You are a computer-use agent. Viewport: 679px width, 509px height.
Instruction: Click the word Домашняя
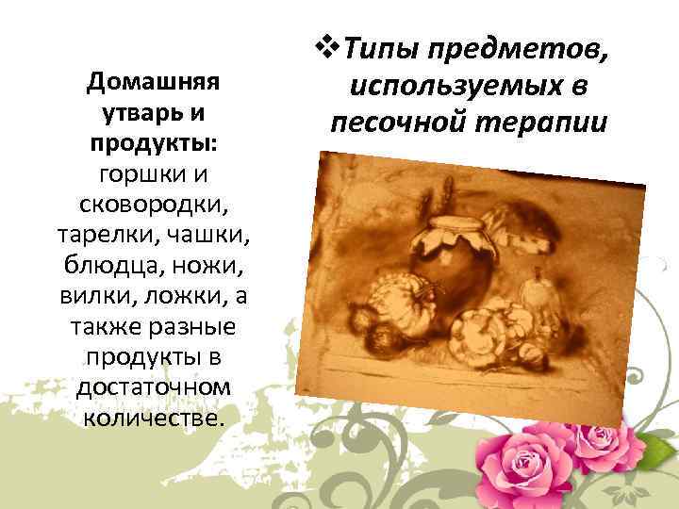[x=153, y=82]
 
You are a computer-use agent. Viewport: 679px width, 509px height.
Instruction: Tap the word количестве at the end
[x=151, y=417]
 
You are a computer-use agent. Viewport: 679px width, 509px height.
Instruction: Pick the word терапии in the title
[x=537, y=123]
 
